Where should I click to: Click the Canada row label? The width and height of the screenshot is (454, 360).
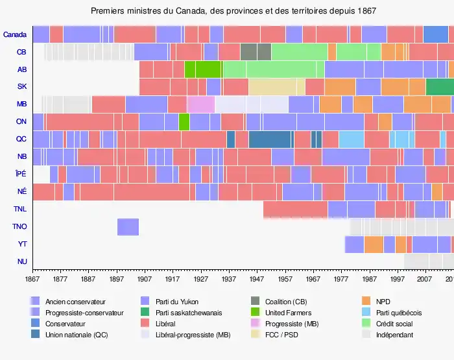pos(15,34)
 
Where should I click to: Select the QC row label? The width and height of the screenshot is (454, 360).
pos(21,139)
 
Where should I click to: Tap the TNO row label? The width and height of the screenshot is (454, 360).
pos(19,227)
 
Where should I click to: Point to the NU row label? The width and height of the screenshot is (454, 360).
pos(22,262)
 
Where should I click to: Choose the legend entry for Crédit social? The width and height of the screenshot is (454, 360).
pos(394,324)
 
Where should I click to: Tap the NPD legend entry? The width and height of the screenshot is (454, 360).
pos(383,302)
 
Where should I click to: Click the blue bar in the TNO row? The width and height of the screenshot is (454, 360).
pos(128,227)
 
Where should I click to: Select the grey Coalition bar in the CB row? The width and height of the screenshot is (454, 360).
pos(256,52)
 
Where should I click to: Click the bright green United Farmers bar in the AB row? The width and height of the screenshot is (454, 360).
pos(203,69)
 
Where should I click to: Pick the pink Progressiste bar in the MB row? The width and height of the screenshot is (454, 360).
pos(200,104)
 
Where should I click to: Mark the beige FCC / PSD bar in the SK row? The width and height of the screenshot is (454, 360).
pos(276,87)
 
